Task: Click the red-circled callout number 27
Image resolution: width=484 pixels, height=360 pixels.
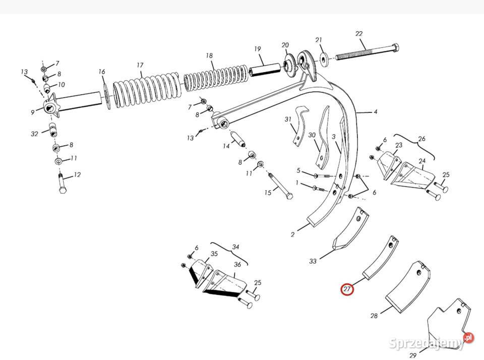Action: (x=347, y=289)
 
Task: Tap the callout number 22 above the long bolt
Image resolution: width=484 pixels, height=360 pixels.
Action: (x=358, y=34)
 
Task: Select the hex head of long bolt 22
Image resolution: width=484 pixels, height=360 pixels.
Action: (x=395, y=48)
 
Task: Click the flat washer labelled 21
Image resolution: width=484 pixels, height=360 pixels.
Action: (x=324, y=58)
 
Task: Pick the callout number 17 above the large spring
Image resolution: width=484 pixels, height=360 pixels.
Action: (x=140, y=65)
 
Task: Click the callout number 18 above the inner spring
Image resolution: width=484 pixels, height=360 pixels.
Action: (x=209, y=55)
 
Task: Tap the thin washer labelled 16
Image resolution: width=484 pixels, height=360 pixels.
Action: (x=107, y=96)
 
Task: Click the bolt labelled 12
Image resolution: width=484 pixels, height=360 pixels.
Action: (x=62, y=184)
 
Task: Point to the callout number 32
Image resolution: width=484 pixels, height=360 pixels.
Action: (x=34, y=134)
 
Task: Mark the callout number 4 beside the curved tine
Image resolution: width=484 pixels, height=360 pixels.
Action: (x=375, y=112)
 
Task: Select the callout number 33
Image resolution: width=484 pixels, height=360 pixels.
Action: (x=313, y=261)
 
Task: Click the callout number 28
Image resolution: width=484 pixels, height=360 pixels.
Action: (x=374, y=316)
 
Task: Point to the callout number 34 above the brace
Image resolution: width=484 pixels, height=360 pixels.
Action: (x=235, y=247)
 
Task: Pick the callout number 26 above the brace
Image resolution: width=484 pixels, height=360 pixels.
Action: (x=421, y=139)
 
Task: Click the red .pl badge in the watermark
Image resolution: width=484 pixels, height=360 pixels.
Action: (x=468, y=338)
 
